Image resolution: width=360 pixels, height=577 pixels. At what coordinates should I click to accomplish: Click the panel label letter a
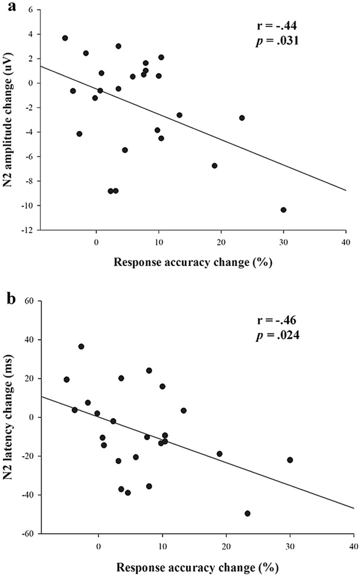coord(7,7)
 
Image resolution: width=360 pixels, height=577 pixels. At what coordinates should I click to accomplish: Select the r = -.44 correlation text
coord(276,25)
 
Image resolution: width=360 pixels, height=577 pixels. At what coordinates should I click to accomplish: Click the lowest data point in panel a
coord(283,210)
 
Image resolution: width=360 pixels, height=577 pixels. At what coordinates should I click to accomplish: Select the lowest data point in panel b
coord(247,513)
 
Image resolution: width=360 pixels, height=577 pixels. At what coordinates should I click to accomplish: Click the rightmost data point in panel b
coord(290,460)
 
